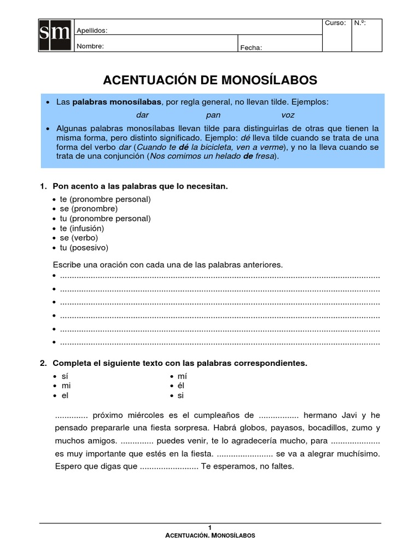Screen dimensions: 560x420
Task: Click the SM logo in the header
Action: [x=56, y=35]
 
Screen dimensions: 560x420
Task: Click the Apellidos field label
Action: [x=92, y=31]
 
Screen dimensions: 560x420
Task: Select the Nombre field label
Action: [x=90, y=46]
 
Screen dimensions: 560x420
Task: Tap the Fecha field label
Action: [x=252, y=48]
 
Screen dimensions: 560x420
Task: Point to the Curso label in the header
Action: [x=335, y=23]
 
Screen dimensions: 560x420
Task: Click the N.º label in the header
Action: [x=360, y=23]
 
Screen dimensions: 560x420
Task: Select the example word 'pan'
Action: [x=213, y=115]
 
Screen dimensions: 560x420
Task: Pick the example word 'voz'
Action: [x=288, y=115]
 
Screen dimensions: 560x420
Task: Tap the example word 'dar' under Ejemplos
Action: [x=142, y=115]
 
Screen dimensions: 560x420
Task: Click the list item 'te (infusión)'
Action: [x=81, y=228]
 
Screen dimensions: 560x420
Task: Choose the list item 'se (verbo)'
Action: [x=79, y=238]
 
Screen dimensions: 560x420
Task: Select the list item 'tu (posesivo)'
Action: [x=84, y=248]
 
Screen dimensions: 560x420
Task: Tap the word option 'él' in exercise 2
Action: [x=182, y=386]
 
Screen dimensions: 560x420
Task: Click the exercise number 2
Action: [x=43, y=363]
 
